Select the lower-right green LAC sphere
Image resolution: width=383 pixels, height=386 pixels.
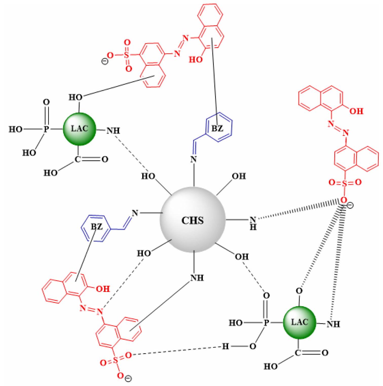point(300,322)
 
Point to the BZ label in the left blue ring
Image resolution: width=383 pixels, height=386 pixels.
point(96,227)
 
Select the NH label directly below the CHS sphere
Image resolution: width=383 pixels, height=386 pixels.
point(197,278)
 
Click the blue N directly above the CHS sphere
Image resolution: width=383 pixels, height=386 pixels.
point(193,160)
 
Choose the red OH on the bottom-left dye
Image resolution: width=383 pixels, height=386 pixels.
point(103,289)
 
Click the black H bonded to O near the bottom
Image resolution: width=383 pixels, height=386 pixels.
point(225,346)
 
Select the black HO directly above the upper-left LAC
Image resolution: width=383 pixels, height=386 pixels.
point(76,97)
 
